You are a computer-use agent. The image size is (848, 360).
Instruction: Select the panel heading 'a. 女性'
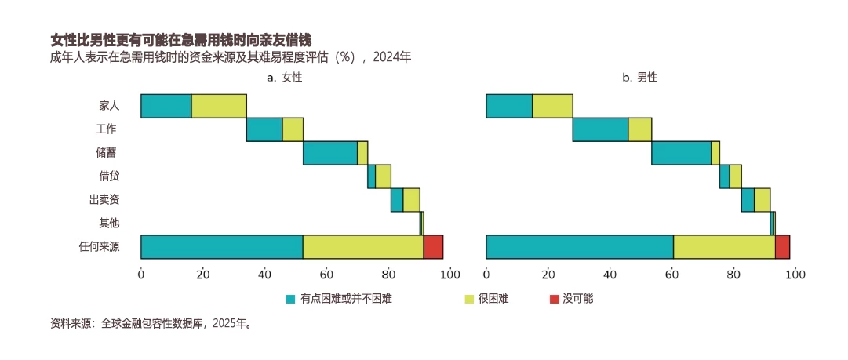coord(284,78)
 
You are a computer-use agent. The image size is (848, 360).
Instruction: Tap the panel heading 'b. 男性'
coord(639,78)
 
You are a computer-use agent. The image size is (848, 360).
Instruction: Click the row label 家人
coord(109,106)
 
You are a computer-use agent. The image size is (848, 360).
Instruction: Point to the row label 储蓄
coord(109,153)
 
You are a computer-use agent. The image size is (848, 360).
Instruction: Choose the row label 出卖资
coord(104,200)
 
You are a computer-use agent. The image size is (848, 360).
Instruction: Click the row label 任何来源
coord(99,246)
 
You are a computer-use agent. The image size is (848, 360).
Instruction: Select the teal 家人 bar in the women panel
coord(166,106)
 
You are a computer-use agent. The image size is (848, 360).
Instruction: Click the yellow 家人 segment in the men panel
coord(552,106)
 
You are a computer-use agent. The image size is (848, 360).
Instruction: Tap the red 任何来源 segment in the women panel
coord(433,246)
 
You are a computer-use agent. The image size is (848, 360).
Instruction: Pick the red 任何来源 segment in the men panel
coord(782,246)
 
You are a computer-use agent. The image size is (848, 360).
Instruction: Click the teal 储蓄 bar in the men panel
coord(681,153)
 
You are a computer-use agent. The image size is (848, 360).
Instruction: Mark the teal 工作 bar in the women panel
coord(264,129)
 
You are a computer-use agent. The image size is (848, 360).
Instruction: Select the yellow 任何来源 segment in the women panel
coord(363,246)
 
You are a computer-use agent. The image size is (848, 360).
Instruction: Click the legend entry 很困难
coord(493,299)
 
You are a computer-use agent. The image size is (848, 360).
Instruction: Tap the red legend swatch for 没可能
coord(555,299)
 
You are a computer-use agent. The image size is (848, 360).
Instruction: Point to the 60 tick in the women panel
coord(326,274)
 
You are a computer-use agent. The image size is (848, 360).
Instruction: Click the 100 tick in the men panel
coord(795,274)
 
